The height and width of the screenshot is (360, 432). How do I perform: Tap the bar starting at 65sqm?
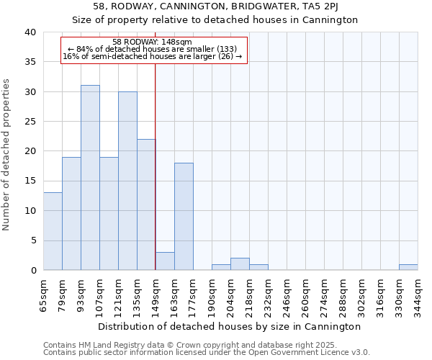click(53, 231)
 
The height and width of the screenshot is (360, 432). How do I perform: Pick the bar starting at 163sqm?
click(184, 216)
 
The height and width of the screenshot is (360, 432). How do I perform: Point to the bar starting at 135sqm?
click(146, 204)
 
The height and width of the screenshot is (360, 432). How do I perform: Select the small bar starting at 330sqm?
click(408, 267)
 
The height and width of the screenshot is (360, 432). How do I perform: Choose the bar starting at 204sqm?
click(240, 264)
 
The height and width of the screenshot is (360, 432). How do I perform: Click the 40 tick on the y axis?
click(30, 32)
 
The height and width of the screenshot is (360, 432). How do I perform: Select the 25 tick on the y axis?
click(30, 122)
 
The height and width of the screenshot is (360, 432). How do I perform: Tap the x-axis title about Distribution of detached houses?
click(230, 326)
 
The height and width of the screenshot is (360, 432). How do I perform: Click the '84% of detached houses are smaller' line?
click(153, 49)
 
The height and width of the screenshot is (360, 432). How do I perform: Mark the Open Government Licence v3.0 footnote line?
click(207, 353)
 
